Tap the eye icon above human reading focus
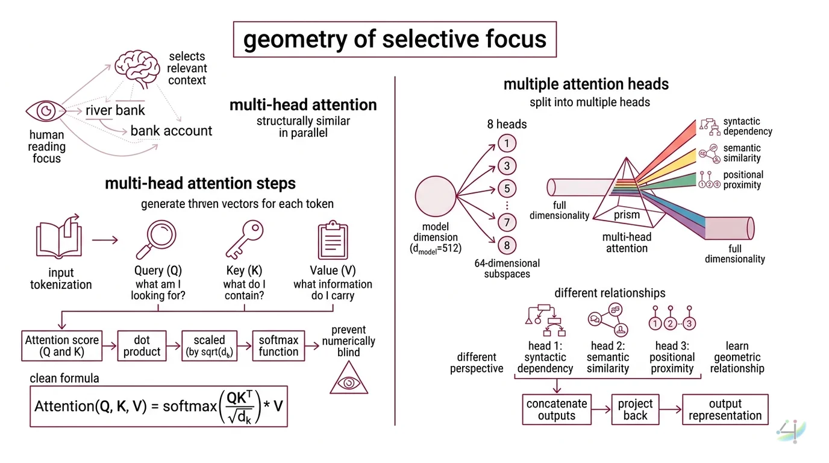(46, 111)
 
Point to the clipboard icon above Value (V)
(333, 240)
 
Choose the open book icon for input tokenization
(59, 239)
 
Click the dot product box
(142, 345)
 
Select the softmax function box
(278, 345)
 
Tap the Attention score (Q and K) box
(62, 345)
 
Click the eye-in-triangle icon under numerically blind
(348, 380)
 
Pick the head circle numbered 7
(507, 223)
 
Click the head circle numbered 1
(507, 143)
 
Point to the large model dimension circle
(436, 196)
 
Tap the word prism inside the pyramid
(627, 215)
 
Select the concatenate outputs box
(556, 409)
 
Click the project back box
(635, 409)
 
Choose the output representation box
(725, 409)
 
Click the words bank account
(171, 131)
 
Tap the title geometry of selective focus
(395, 40)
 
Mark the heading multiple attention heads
(586, 84)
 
